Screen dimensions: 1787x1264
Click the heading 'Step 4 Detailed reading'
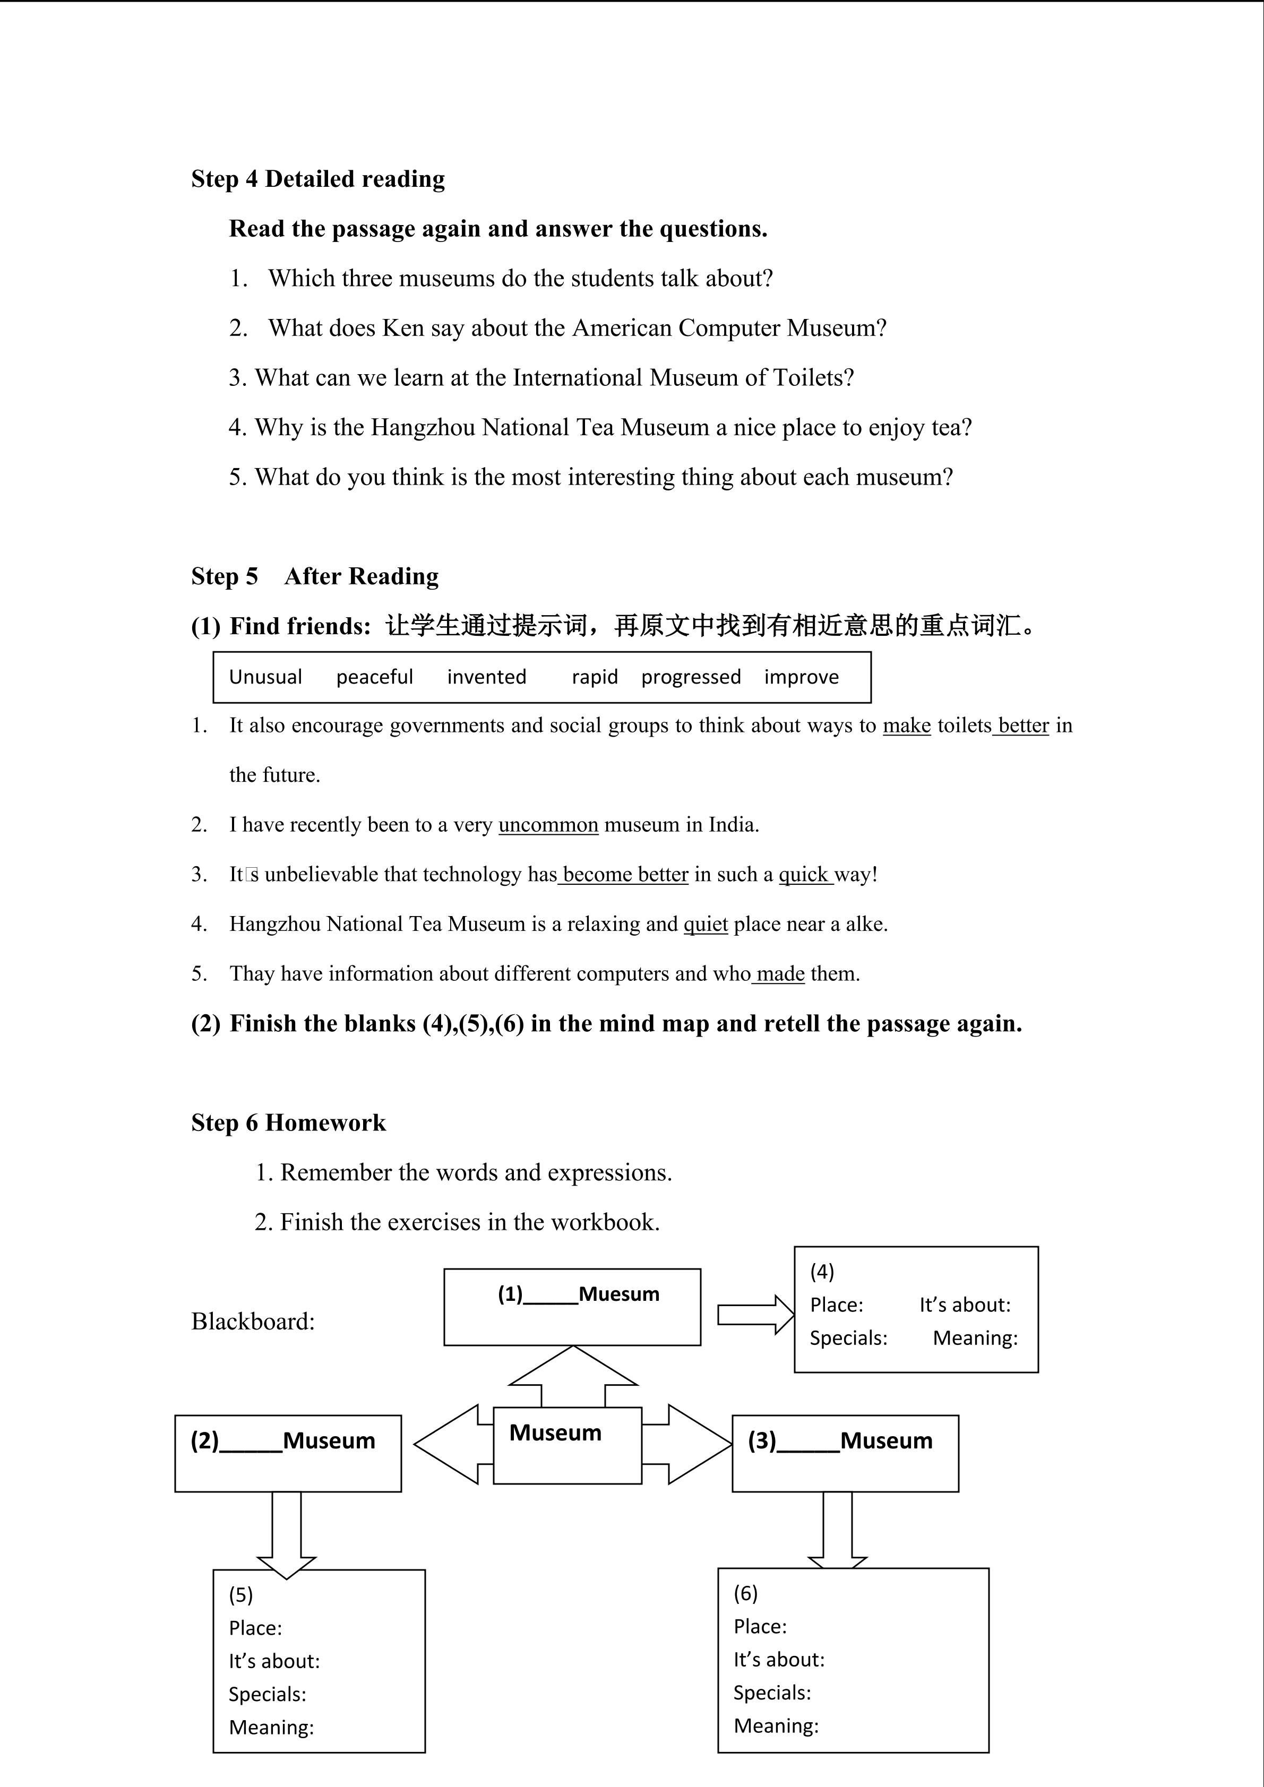(317, 179)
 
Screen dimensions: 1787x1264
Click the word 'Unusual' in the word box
(265, 677)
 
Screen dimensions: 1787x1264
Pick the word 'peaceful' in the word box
(374, 677)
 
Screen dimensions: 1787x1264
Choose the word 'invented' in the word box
(486, 677)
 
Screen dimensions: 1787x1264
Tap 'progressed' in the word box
(690, 677)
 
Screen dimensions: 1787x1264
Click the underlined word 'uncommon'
(548, 825)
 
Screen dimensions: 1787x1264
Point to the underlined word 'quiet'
(705, 924)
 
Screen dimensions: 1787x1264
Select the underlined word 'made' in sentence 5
(780, 974)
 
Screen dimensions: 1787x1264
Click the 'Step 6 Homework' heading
(288, 1123)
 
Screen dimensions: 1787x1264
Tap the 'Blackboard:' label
(253, 1322)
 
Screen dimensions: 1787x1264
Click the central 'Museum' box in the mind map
(567, 1445)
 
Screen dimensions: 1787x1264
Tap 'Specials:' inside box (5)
(267, 1694)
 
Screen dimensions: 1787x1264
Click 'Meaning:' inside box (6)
(776, 1725)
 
